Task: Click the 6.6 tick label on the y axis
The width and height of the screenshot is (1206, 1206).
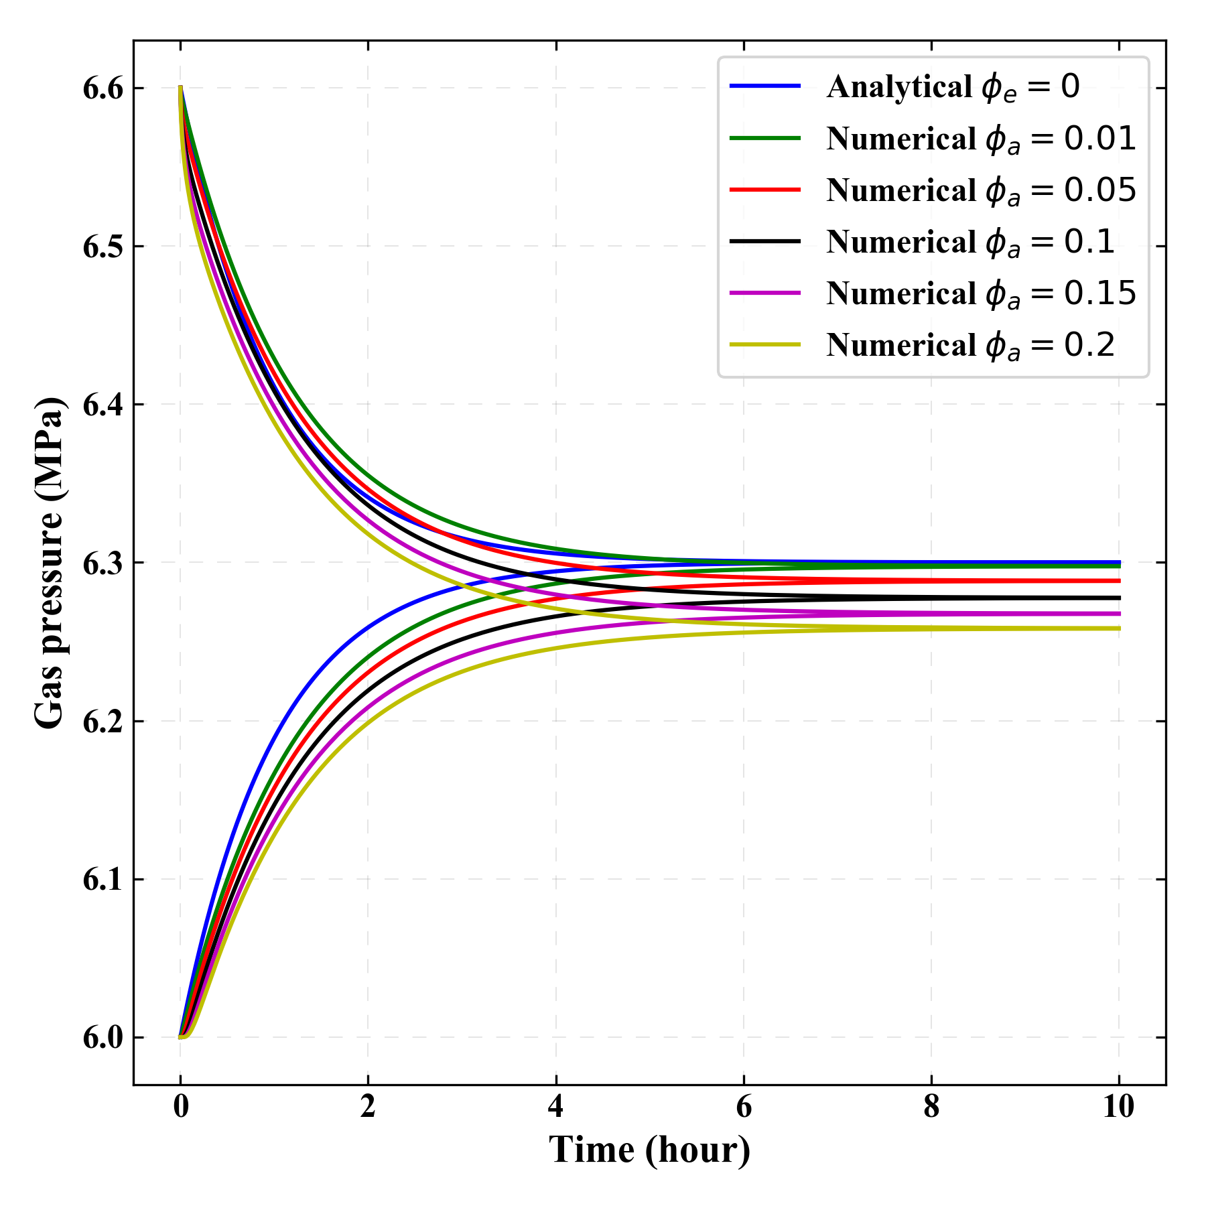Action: (104, 88)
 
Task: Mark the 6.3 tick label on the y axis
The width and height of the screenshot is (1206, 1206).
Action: (104, 563)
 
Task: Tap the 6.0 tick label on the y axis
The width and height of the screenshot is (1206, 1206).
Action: (104, 1038)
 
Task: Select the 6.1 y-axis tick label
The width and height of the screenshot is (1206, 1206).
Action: (104, 880)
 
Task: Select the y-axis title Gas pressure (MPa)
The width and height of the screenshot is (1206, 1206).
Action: (50, 563)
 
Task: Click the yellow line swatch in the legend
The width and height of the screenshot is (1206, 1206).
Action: (765, 345)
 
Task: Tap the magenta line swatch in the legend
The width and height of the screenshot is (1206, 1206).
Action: (765, 293)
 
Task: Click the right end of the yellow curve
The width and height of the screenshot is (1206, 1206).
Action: (1119, 628)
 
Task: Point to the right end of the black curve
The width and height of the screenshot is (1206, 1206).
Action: (1119, 598)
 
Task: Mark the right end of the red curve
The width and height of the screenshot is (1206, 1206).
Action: (1119, 581)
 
